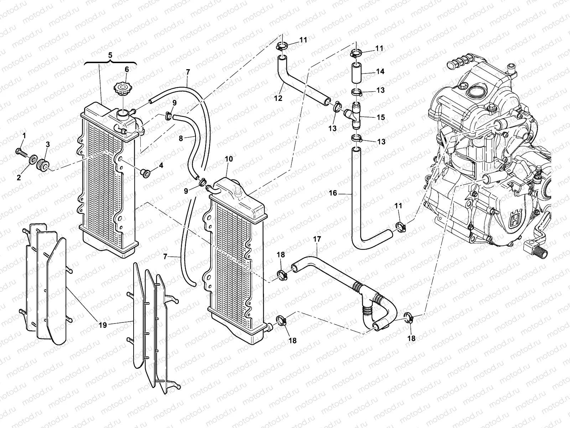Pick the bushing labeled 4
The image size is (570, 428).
pyautogui.click(x=145, y=173)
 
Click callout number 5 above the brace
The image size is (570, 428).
pyautogui.click(x=110, y=55)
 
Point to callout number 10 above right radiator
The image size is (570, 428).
pyautogui.click(x=229, y=159)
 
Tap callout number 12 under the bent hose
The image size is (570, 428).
pyautogui.click(x=278, y=98)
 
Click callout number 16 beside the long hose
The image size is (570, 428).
pyautogui.click(x=333, y=193)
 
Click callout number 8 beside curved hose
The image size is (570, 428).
pyautogui.click(x=181, y=138)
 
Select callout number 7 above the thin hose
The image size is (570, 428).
pyautogui.click(x=188, y=72)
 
